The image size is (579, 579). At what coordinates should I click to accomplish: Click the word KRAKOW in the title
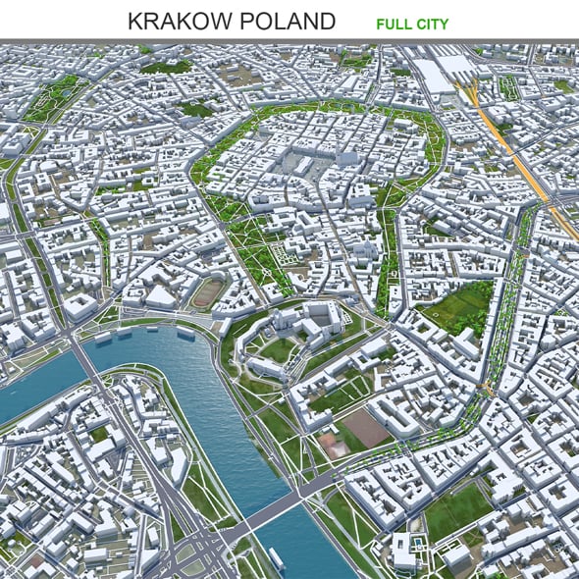point(177,21)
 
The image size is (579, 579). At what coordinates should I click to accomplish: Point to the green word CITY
point(431,22)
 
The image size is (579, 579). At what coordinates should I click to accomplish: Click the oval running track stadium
point(207,292)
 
